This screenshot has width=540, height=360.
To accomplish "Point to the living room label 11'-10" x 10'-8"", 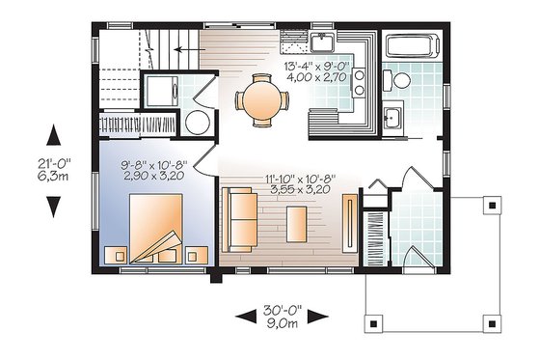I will pyautogui.click(x=292, y=179).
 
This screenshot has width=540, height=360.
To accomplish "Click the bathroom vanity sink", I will pyautogui.click(x=393, y=117).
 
